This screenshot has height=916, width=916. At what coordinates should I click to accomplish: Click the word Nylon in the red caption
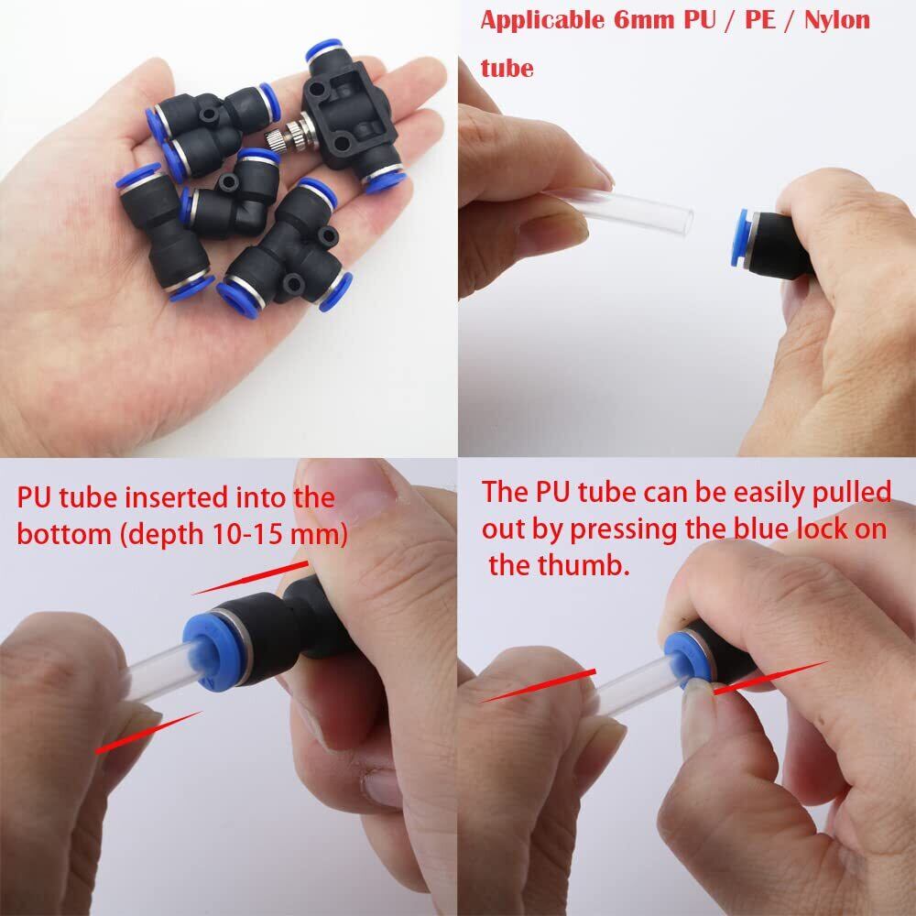(x=836, y=20)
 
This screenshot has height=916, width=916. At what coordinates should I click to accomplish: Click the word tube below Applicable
(x=507, y=68)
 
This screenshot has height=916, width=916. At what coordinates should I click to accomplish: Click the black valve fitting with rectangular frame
(x=351, y=117)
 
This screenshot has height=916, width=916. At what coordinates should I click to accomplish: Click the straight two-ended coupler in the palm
(x=164, y=231)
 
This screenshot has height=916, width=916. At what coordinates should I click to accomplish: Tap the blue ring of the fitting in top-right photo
(x=739, y=238)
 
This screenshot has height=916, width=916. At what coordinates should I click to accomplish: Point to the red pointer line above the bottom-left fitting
(x=250, y=578)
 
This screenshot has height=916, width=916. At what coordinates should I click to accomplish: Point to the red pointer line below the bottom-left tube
(x=148, y=732)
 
